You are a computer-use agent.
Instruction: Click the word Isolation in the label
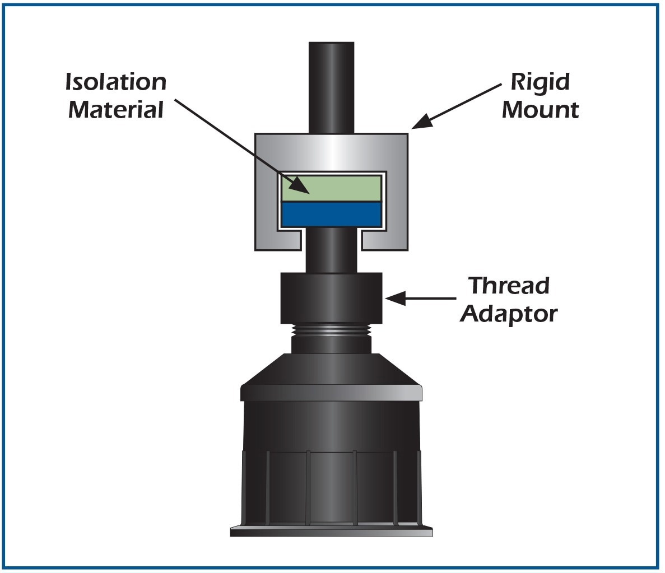tap(116, 82)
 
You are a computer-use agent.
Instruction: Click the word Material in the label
tap(116, 109)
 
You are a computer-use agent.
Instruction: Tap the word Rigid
tap(540, 82)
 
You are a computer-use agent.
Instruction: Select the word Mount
tap(540, 109)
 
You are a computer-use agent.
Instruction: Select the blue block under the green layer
tap(331, 214)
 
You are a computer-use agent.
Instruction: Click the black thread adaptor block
tap(331, 298)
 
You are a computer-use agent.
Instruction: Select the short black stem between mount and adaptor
tap(331, 252)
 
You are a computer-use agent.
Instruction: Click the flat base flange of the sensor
tap(331, 531)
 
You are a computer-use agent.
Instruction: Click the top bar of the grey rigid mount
tap(331, 151)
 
